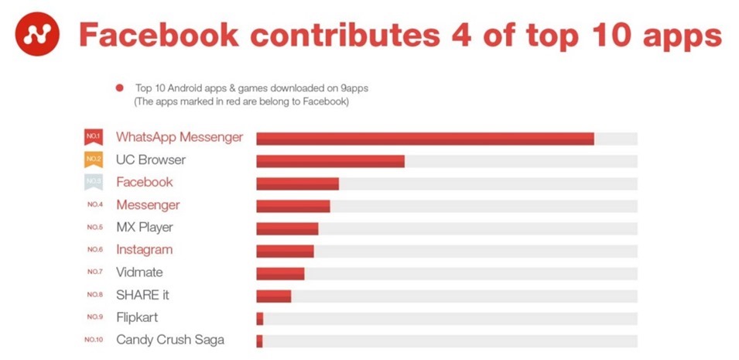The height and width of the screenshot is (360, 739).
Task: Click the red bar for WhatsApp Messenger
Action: pyautogui.click(x=425, y=139)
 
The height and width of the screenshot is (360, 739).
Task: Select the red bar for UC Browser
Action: pyautogui.click(x=330, y=161)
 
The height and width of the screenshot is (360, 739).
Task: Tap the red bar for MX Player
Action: pyautogui.click(x=287, y=228)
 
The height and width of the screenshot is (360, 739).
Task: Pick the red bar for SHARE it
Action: pyautogui.click(x=273, y=296)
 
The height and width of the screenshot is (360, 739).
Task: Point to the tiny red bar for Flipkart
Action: pyautogui.click(x=260, y=318)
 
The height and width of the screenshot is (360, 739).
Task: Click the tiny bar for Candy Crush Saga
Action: pyautogui.click(x=259, y=341)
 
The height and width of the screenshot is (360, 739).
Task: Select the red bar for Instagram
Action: pyautogui.click(x=285, y=251)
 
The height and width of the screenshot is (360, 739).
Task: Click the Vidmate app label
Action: pyautogui.click(x=139, y=273)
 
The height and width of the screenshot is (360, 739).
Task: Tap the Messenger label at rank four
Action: pyautogui.click(x=148, y=205)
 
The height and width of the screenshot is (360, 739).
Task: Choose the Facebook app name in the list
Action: pyautogui.click(x=145, y=183)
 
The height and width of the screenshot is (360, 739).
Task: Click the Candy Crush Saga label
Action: pyautogui.click(x=170, y=340)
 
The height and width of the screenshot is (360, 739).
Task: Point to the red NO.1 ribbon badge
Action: pyautogui.click(x=94, y=138)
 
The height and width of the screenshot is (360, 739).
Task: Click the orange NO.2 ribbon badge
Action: pyautogui.click(x=94, y=160)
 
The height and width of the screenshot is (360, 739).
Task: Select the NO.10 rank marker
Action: pyautogui.click(x=94, y=340)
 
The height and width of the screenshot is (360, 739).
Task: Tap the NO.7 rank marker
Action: pyautogui.click(x=94, y=273)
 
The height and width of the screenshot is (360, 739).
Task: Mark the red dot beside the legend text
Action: pyautogui.click(x=120, y=89)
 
